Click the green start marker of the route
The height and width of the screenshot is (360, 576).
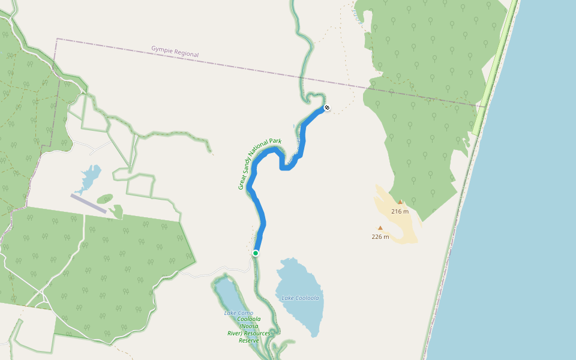pos(256,253)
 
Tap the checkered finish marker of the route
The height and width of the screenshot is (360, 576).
pos(327,108)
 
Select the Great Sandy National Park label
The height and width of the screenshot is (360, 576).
pos(259,163)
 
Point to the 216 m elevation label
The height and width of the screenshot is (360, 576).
pos(400,211)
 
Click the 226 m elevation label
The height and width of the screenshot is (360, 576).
pos(380,236)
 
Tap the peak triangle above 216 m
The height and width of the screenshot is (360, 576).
pos(400,202)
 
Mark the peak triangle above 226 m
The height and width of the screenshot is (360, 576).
pos(380,228)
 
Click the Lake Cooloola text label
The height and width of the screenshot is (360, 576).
pos(300,298)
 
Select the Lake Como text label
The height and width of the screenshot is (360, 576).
pos(239,313)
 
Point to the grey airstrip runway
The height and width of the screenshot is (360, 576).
pos(88,203)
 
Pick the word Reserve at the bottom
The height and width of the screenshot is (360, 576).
pos(248,340)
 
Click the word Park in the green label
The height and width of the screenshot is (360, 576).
pos(275,142)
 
